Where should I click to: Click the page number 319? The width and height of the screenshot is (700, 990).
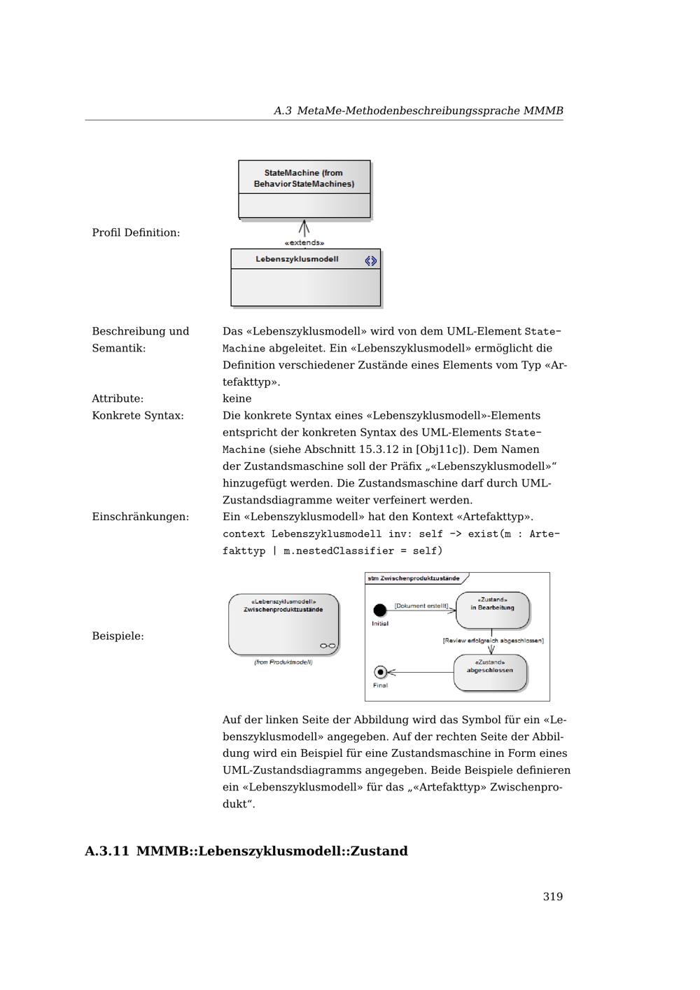click(x=552, y=897)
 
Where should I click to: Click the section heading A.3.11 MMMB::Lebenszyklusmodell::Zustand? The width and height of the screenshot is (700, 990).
click(x=246, y=851)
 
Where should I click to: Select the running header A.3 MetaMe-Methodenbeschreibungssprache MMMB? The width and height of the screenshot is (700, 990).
click(x=418, y=111)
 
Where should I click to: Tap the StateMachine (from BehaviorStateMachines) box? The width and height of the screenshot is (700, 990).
click(x=304, y=189)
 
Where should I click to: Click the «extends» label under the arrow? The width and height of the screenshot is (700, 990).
click(x=304, y=243)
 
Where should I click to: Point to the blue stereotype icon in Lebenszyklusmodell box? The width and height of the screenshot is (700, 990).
click(x=370, y=261)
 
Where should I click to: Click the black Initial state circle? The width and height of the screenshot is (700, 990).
click(x=380, y=611)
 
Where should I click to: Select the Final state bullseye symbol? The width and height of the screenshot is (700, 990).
click(x=380, y=672)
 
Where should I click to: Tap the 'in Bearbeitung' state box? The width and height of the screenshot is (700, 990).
click(x=492, y=609)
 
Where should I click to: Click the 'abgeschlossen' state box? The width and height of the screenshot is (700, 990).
click(x=490, y=671)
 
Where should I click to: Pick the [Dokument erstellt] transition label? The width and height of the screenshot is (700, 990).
click(x=421, y=606)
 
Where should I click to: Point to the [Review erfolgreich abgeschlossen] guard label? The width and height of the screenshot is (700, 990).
click(x=493, y=641)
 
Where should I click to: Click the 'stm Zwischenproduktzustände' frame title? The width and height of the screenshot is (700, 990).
click(x=414, y=578)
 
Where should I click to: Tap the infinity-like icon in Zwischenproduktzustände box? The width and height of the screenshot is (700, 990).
click(x=328, y=646)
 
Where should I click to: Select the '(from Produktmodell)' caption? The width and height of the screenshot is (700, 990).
click(x=283, y=662)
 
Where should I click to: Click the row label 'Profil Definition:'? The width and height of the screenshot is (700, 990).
click(x=136, y=232)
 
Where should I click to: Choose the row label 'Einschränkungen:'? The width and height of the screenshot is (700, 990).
click(x=140, y=517)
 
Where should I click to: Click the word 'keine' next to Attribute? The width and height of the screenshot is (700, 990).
click(x=237, y=398)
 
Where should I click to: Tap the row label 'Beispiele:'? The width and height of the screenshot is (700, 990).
click(x=118, y=636)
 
